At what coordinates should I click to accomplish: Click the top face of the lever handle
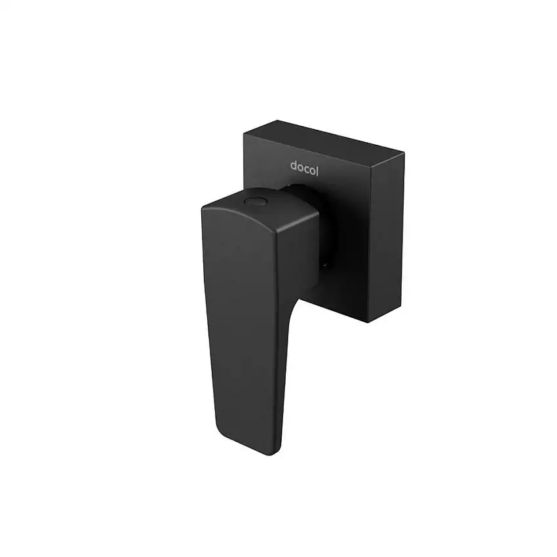pos(262,210)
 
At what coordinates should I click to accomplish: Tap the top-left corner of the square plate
pos(244,135)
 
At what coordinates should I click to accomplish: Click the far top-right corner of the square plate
pos(404,155)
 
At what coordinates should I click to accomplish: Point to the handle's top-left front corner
pos(204,208)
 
